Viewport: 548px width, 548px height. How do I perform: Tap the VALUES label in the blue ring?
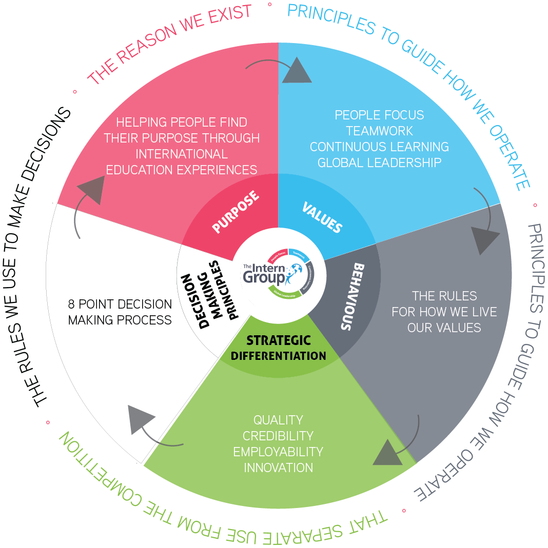(322, 217)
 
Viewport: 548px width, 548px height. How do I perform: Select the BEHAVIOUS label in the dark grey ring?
(355, 297)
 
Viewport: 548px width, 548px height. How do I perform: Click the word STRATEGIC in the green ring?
(278, 340)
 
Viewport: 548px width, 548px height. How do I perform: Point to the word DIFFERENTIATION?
(278, 356)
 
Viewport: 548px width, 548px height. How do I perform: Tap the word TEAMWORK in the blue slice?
(379, 131)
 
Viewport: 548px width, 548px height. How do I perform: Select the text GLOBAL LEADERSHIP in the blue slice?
(379, 163)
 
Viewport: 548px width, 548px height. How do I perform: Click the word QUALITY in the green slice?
(278, 420)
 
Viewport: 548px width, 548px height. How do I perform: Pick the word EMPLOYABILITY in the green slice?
(278, 452)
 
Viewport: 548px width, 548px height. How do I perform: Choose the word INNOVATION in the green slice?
(278, 468)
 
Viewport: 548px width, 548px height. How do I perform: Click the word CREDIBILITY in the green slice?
(278, 436)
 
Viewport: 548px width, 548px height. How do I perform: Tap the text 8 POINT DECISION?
(120, 304)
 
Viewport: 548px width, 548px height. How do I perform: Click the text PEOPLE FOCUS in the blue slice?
(379, 115)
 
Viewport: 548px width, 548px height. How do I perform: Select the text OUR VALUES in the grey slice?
(444, 328)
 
